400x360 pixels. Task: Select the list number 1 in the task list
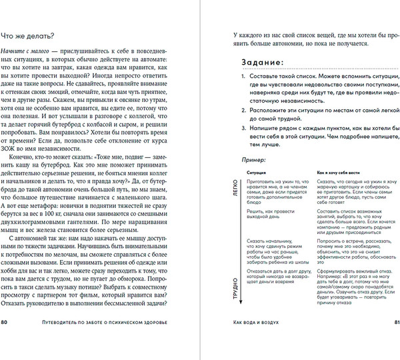point(243,78)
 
